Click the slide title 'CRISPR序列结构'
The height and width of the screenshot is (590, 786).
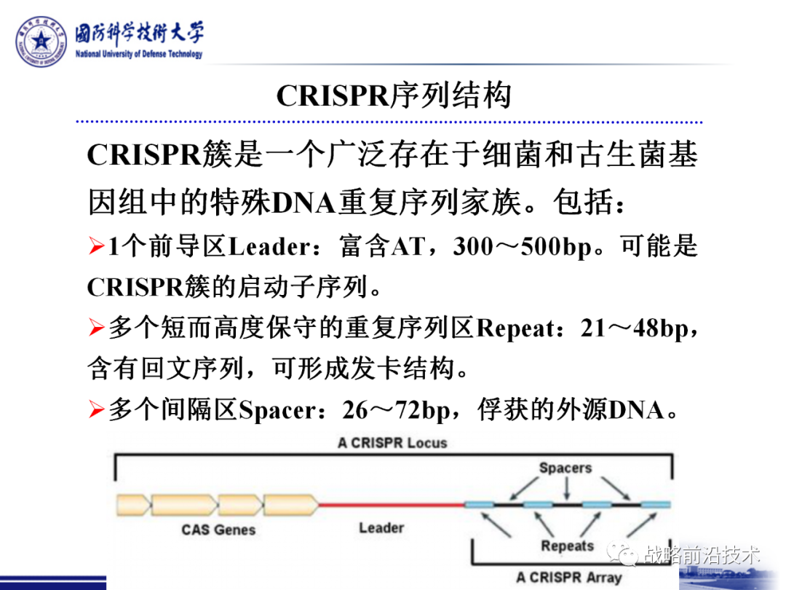394,96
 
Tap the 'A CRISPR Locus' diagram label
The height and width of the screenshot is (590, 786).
392,443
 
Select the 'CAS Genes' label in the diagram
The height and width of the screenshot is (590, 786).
218,530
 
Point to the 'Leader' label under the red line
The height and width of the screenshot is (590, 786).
381,527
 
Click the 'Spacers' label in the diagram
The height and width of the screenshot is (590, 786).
565,468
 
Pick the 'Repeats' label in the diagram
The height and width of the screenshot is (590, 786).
567,546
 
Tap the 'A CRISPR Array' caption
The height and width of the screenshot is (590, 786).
569,578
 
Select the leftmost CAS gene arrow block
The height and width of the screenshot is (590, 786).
132,504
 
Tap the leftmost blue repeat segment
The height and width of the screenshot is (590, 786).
480,504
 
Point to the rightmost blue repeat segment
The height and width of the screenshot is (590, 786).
656,504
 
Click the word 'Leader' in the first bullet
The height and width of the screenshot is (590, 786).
269,248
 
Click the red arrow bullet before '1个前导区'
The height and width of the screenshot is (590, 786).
97,248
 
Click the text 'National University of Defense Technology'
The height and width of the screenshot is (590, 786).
139,55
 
